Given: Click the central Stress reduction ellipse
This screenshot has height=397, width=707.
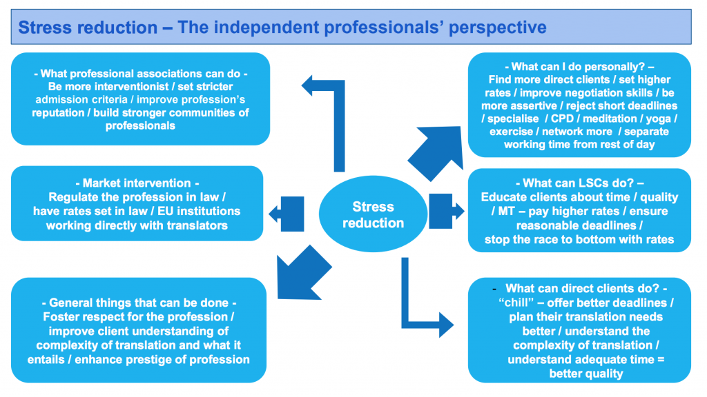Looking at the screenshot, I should (x=373, y=214).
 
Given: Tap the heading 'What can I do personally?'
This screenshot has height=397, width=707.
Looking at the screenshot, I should (x=579, y=67).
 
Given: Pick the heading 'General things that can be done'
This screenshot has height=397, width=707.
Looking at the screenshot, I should (x=138, y=303).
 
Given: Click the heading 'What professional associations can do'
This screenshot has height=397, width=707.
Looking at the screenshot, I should (x=141, y=74).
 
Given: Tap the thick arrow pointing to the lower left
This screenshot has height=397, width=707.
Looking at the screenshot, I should (x=297, y=272).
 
